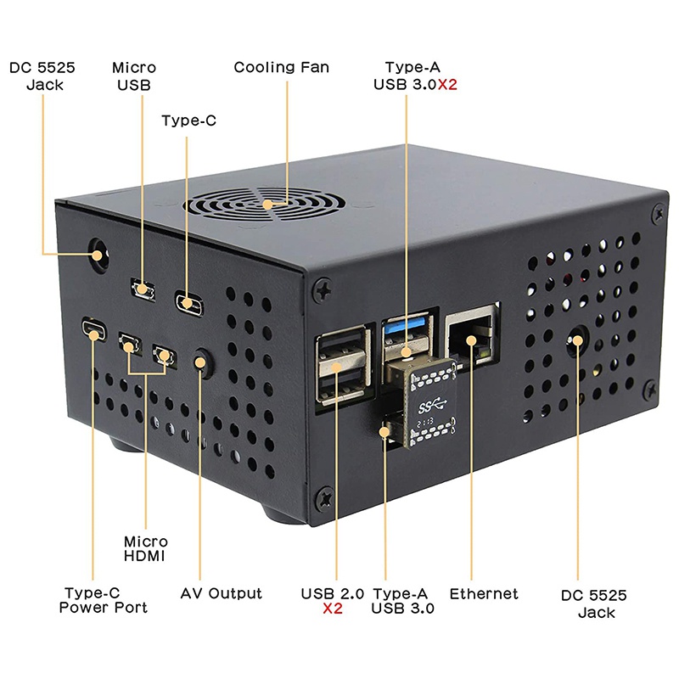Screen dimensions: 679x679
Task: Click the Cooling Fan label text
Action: click(281, 67)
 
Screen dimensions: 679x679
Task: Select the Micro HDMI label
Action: click(146, 548)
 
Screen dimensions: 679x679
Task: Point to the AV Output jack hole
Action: click(202, 362)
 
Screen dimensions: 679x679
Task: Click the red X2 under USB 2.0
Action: click(333, 609)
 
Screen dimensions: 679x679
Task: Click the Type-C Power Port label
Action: click(104, 600)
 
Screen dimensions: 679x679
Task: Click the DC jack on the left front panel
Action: click(99, 253)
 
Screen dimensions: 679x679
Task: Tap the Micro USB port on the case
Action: click(142, 289)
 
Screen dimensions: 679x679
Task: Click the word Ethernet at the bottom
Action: click(484, 593)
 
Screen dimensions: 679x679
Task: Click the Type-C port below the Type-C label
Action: click(188, 300)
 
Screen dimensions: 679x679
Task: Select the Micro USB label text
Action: click(134, 76)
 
